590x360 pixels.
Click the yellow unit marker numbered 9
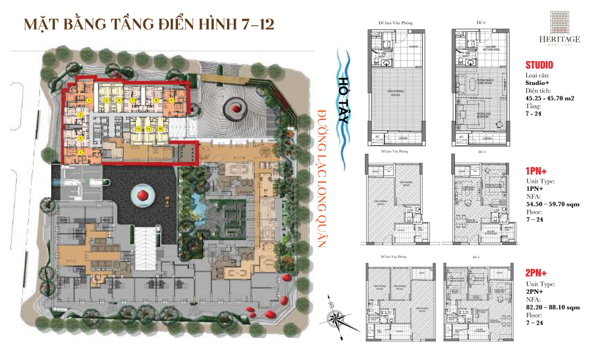[171, 100]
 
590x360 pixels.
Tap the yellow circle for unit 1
[80, 152]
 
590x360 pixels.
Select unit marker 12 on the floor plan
[139, 129]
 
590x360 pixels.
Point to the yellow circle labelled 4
[89, 100]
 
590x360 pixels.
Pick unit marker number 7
[132, 100]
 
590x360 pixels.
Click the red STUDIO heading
[539, 65]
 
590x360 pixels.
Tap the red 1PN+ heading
[536, 171]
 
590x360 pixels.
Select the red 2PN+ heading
[536, 273]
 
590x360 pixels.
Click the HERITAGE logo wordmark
[559, 39]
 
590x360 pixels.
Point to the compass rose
[337, 318]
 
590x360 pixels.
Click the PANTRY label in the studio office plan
[413, 47]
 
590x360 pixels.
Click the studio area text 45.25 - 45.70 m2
[550, 98]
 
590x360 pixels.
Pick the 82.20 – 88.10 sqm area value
[553, 307]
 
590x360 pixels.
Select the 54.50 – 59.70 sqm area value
[553, 204]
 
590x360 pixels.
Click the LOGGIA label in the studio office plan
[403, 138]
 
